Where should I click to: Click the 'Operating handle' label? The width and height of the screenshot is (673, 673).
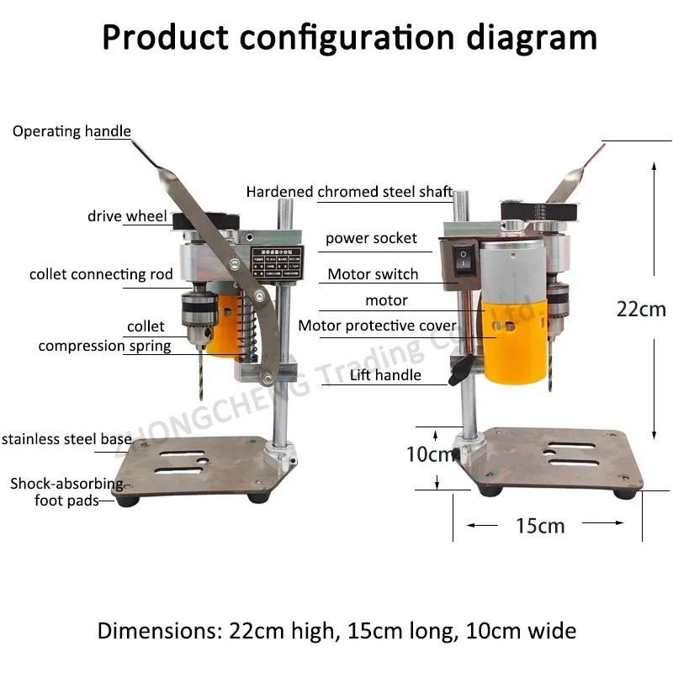tap(72, 131)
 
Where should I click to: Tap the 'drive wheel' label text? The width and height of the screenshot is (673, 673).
tap(127, 216)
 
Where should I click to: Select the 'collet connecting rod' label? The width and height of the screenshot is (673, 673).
tap(101, 274)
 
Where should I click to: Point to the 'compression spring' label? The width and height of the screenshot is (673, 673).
tap(104, 346)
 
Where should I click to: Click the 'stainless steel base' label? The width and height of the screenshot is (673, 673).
tap(66, 438)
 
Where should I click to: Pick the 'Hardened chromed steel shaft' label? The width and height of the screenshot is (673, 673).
tap(349, 192)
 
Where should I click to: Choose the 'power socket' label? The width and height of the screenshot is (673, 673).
tap(371, 238)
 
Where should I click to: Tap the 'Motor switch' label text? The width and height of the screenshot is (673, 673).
tap(373, 274)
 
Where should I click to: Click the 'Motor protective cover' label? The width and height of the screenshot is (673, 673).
tap(378, 326)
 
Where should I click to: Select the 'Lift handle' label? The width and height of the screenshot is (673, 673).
tap(385, 375)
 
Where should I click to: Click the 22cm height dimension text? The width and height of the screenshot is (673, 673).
tap(641, 309)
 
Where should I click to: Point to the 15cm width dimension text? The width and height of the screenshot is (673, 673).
tap(540, 527)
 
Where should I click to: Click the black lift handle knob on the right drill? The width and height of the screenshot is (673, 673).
tap(458, 370)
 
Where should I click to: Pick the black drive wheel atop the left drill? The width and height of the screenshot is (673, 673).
tap(201, 220)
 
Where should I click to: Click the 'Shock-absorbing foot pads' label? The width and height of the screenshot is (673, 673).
tap(66, 492)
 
